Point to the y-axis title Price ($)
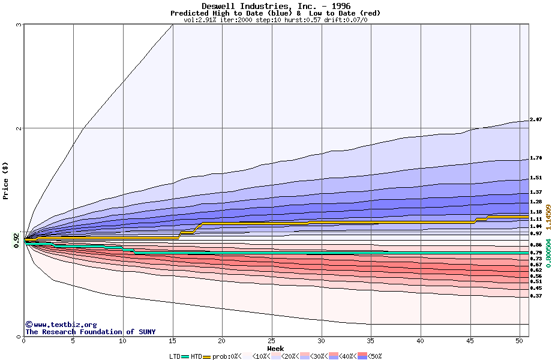point(5,181)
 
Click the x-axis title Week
point(275,348)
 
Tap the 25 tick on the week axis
point(272,341)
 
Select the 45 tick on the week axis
point(470,341)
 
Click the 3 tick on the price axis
point(19,25)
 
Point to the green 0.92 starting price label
point(17,242)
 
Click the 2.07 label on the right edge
point(536,120)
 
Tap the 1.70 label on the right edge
point(536,158)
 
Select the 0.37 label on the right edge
point(536,296)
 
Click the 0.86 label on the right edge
point(536,245)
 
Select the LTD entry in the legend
point(175,356)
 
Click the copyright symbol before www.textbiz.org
point(28,324)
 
